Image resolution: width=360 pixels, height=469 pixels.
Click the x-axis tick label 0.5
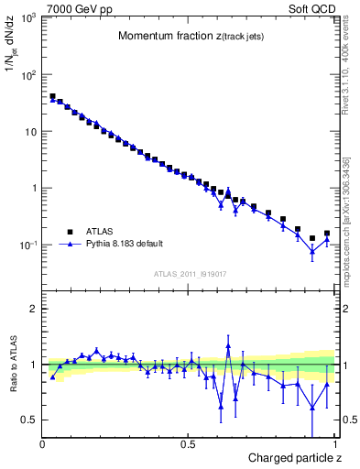[x=188, y=444]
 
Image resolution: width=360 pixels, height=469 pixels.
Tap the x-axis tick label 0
[x=43, y=444]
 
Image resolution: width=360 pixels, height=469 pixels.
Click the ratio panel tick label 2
[x=33, y=309]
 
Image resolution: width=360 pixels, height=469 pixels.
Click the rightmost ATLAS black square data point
[x=327, y=234]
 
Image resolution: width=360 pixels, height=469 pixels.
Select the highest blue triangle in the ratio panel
[x=228, y=347]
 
